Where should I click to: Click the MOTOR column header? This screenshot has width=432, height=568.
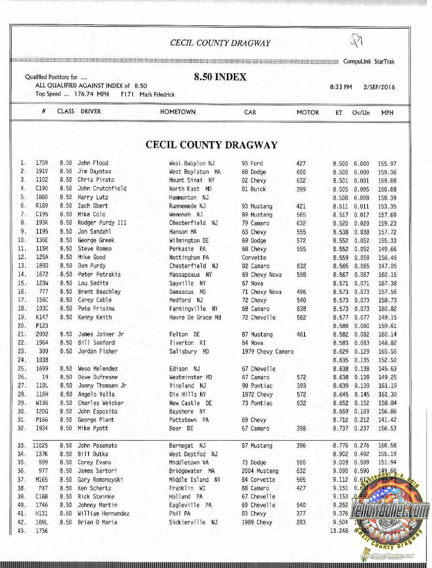(307, 112)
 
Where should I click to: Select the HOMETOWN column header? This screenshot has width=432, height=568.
(177, 112)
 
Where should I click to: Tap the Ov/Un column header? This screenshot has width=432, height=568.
(361, 112)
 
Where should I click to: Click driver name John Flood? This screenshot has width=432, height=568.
(93, 163)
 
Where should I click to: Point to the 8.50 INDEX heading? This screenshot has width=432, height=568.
(220, 77)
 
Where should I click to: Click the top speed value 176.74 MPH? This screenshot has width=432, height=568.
(91, 94)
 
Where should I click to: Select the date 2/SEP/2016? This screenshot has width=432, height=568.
(379, 87)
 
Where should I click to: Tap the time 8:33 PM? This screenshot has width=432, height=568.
(341, 87)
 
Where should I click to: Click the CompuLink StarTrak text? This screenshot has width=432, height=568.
(369, 62)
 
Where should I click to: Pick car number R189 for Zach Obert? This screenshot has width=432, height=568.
(42, 205)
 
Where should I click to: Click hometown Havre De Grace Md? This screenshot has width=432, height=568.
(195, 318)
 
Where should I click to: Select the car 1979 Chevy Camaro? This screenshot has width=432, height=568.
(267, 351)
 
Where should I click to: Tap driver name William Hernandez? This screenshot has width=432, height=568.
(104, 514)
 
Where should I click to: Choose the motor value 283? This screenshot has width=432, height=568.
(301, 522)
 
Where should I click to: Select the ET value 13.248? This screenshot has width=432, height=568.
(339, 531)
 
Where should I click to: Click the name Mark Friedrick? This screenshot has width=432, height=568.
(157, 94)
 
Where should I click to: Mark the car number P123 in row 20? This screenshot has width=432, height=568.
(42, 326)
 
